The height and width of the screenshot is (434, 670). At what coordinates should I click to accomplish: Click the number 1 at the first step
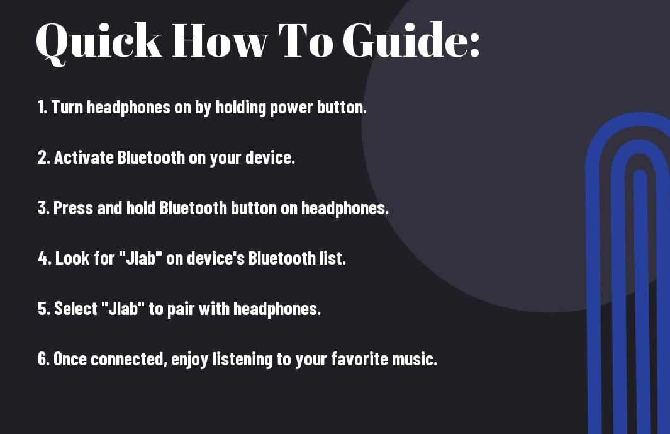42,107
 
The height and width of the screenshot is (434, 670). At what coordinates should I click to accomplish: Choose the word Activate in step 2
84,157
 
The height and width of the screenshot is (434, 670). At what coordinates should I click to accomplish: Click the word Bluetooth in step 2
151,157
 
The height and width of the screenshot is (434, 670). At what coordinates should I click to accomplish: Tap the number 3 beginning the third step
43,208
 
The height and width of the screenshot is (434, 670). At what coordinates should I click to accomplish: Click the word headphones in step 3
345,208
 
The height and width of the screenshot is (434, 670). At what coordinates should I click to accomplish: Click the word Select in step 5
75,309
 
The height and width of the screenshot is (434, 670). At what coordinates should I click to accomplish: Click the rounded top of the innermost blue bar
640,176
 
